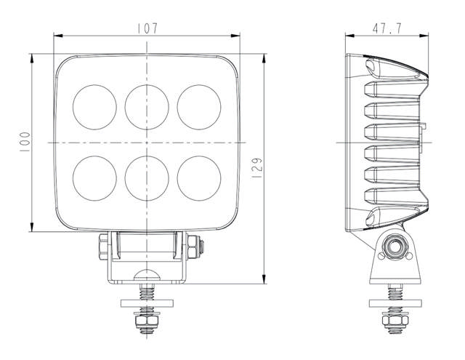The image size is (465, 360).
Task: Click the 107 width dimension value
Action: pos(147,28)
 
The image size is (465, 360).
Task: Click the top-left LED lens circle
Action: pos(94,105)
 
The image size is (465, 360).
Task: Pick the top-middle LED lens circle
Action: pos(146,105)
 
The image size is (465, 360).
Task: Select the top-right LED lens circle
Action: pos(198,105)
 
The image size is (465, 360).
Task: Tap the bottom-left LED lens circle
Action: pos(94,175)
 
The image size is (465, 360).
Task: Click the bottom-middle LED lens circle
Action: pos(146,175)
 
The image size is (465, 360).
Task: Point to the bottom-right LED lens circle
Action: pos(198,175)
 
